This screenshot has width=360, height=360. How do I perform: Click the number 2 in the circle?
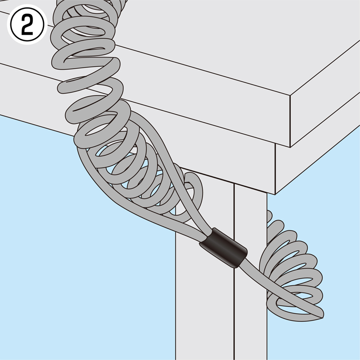tap(27, 25)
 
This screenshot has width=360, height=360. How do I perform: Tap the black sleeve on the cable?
tap(223, 247)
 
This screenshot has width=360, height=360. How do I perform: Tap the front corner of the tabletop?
tap(290, 95)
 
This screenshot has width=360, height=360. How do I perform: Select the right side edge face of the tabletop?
tap(325, 94)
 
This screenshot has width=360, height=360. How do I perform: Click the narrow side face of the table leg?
tap(251, 275)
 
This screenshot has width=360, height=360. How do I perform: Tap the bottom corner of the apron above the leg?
tap(275, 194)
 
